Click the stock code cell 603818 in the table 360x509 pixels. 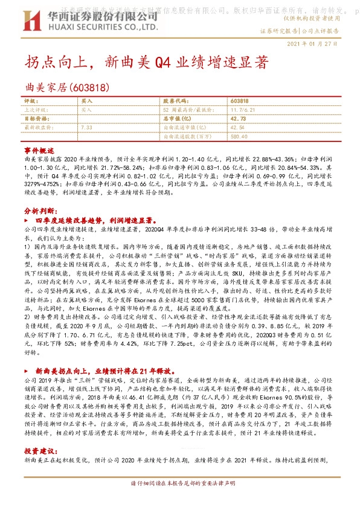point(240,101)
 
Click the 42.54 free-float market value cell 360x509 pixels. point(237,128)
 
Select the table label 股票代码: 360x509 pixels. point(175,101)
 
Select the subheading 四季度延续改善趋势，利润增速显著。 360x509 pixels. point(100,221)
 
